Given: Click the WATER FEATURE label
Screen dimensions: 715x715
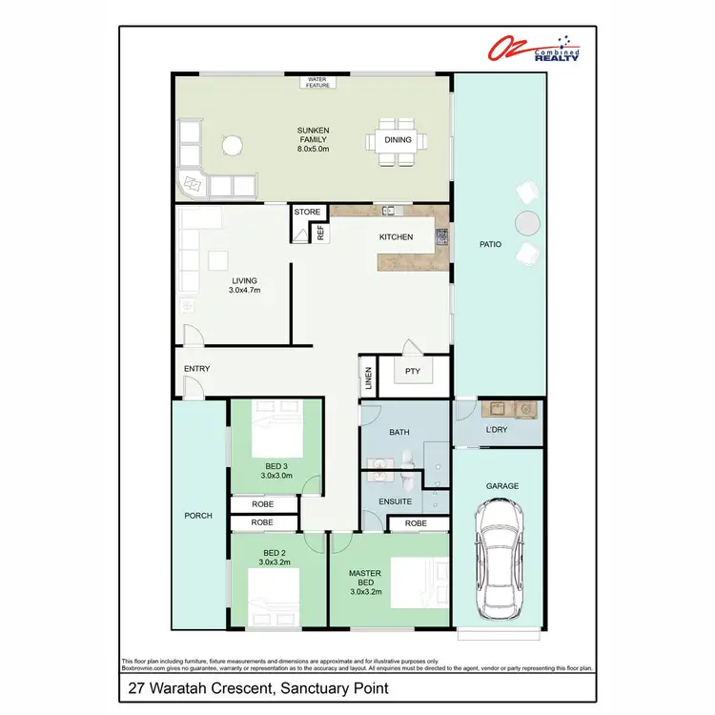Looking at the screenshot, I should (x=317, y=82).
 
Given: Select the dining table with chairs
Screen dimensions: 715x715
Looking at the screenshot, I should (x=392, y=140).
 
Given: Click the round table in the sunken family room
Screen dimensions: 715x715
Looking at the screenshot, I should (x=233, y=146).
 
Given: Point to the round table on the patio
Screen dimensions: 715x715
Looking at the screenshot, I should (x=526, y=222).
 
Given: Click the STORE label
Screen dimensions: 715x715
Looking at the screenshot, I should (x=308, y=212).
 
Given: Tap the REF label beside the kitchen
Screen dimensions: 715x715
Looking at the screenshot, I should (x=321, y=230).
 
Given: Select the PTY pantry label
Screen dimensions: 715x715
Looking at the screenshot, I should (x=413, y=372).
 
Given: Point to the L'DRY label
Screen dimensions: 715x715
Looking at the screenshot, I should (x=497, y=431).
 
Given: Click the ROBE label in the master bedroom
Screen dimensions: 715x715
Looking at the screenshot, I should (x=416, y=523).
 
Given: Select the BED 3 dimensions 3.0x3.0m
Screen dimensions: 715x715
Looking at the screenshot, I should (x=276, y=475).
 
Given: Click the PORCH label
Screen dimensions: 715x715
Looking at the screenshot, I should (x=198, y=516).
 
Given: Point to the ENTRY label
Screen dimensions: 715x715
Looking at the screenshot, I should (x=196, y=369).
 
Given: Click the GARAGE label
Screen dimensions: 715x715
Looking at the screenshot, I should (x=502, y=486).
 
